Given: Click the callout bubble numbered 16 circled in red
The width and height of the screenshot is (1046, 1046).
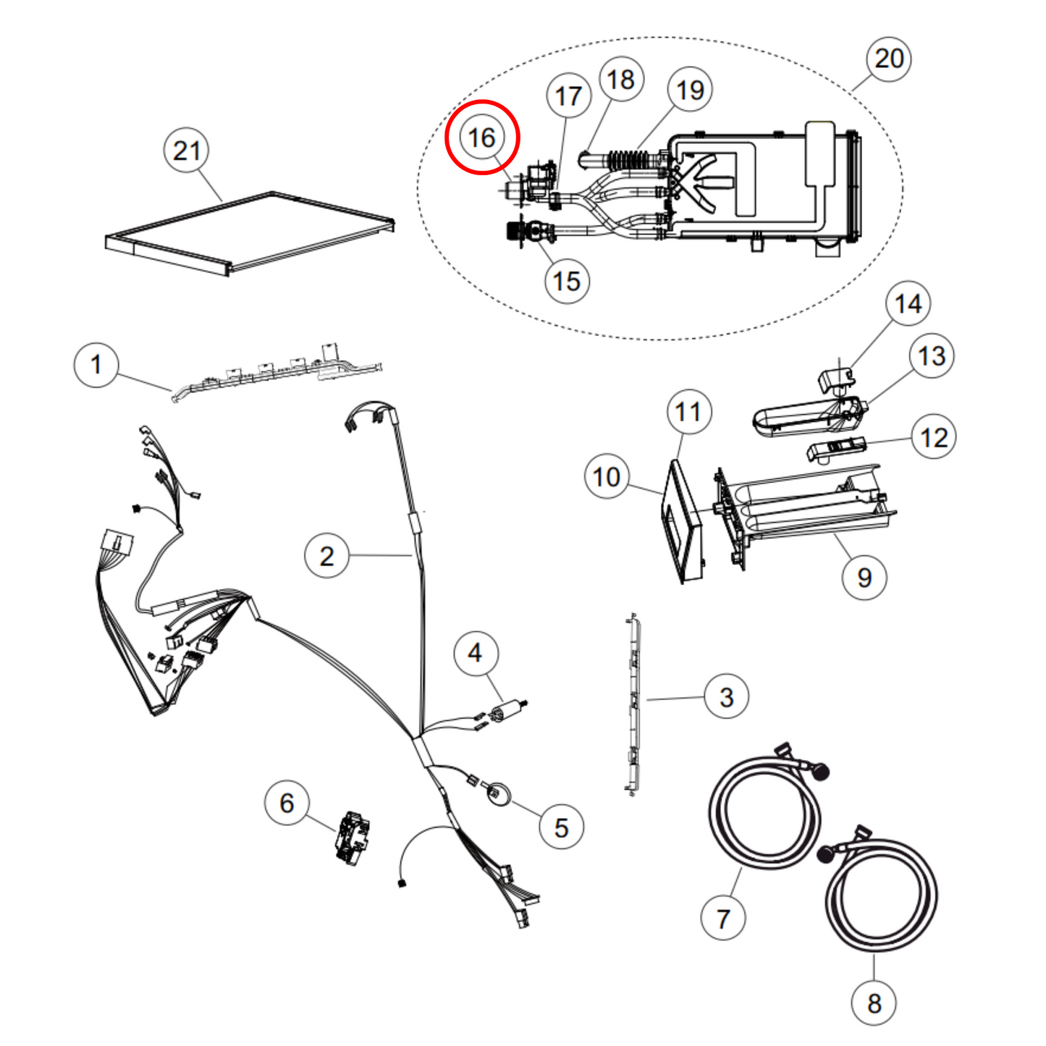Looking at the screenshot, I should click(x=482, y=138).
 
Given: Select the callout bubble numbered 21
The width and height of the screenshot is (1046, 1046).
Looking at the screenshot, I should click(x=187, y=151).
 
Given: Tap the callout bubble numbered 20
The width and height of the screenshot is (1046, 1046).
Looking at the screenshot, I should click(x=889, y=59).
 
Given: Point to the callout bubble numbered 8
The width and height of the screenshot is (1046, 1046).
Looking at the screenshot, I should click(x=874, y=1003).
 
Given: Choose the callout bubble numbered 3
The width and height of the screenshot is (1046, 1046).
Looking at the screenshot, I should click(x=727, y=697).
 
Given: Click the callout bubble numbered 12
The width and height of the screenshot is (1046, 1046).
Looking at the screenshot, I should click(x=934, y=437).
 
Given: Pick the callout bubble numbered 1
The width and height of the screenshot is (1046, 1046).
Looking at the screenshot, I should click(x=96, y=365).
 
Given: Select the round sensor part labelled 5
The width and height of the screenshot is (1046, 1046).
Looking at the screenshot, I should click(x=499, y=793).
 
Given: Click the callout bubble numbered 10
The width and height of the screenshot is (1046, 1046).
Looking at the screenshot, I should click(x=607, y=477).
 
